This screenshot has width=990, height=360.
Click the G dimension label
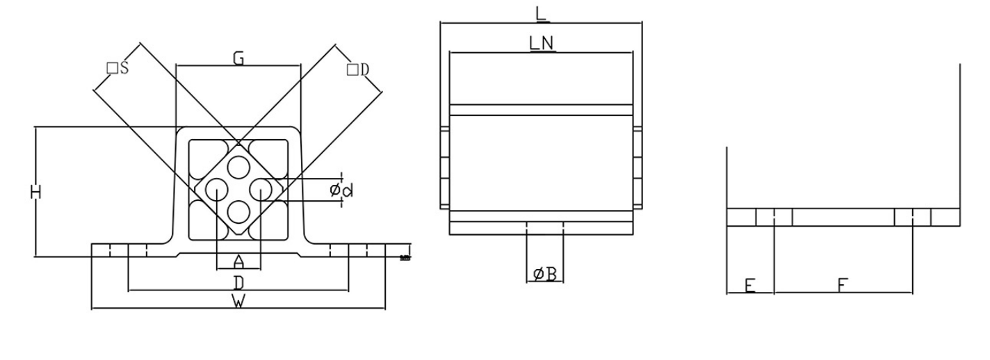(x=238, y=59)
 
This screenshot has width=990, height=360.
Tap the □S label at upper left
(x=117, y=68)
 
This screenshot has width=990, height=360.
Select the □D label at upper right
(x=357, y=69)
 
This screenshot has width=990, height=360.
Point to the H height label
(x=36, y=192)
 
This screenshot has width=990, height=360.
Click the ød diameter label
(x=341, y=190)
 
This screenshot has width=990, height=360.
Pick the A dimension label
(x=238, y=261)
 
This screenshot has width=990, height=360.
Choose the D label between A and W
(x=238, y=282)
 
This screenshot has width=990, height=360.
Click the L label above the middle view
(x=542, y=13)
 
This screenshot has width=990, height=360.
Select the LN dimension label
(x=542, y=43)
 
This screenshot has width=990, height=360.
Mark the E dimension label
(x=749, y=285)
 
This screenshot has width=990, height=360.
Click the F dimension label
(x=842, y=285)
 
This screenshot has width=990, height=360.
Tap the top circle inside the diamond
(x=238, y=167)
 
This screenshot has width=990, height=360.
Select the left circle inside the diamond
(x=216, y=188)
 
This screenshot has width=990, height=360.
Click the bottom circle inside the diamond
(x=238, y=210)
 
